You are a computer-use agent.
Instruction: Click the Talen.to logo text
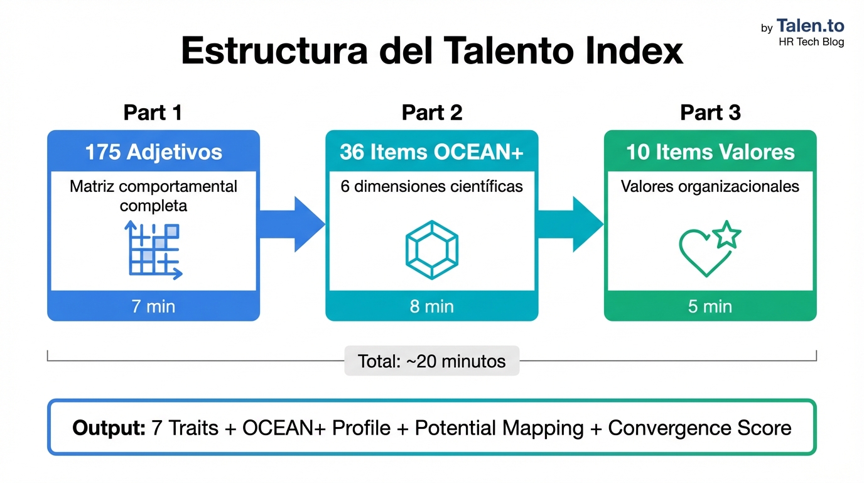[810, 26]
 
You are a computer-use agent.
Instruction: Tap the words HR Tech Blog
[811, 42]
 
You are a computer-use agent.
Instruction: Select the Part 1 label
[153, 113]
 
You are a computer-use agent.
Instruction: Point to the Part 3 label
[710, 113]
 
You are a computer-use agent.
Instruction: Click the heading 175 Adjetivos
[153, 152]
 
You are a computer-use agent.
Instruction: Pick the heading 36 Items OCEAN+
[431, 152]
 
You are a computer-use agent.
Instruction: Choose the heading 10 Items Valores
[710, 152]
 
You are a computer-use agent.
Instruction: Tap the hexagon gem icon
[432, 250]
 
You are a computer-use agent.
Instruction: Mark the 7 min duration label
[153, 306]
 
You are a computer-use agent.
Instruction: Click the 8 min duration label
[431, 306]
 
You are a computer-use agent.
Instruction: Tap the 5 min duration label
[710, 306]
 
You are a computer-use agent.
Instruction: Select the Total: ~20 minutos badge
[431, 361]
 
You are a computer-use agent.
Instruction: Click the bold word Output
[109, 428]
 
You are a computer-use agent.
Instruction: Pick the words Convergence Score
[699, 428]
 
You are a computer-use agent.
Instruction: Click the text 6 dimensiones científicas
[431, 187]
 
